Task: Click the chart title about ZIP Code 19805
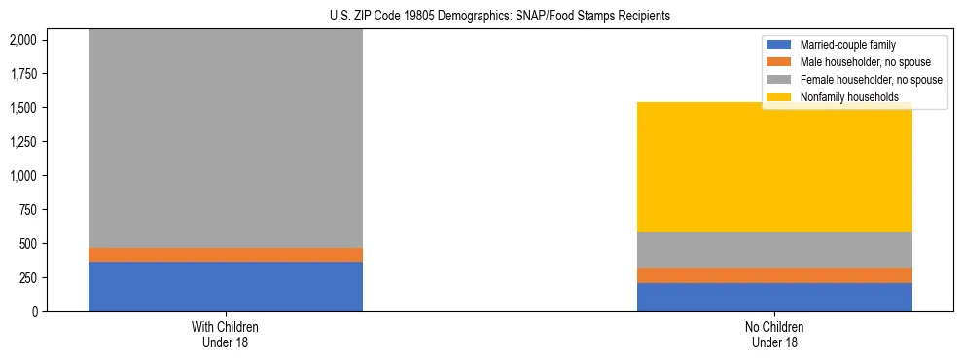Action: [x=481, y=17]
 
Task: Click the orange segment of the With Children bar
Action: [x=226, y=255]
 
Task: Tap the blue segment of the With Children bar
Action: [x=226, y=287]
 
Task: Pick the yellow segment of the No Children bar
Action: [x=774, y=166]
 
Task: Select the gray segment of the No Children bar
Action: [x=774, y=249]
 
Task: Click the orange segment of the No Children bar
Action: [x=774, y=275]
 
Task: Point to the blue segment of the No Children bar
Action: [x=774, y=298]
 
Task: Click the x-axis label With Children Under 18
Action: [x=226, y=335]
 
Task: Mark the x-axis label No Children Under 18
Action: [x=774, y=335]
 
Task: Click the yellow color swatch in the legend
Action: [x=779, y=97]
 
